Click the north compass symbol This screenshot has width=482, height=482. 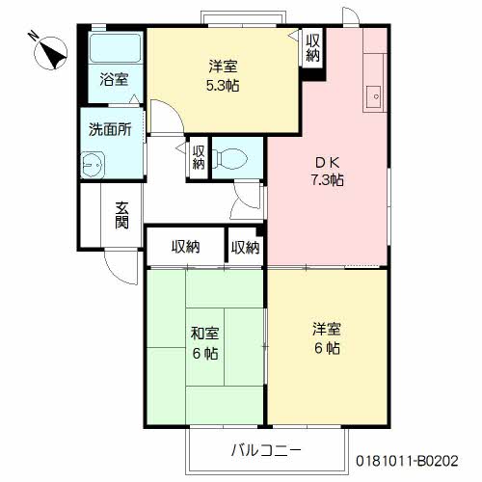(51, 53)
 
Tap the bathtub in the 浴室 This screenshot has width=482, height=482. (116, 47)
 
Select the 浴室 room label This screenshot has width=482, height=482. (114, 79)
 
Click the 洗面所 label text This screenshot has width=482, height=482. (110, 129)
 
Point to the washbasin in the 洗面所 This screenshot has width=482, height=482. (93, 165)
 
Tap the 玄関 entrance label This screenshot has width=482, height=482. (122, 215)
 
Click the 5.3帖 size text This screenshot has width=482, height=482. (223, 86)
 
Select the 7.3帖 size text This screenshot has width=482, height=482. (327, 179)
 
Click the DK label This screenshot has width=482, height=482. (327, 163)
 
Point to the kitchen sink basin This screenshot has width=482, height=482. (375, 96)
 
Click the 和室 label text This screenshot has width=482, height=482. (204, 334)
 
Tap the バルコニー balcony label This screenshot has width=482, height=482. (266, 450)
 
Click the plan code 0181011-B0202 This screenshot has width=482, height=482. (407, 461)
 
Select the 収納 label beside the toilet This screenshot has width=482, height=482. (199, 157)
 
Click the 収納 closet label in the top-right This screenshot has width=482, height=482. (312, 47)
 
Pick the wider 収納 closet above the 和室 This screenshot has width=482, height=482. (186, 247)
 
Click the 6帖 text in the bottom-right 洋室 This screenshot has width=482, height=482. (327, 348)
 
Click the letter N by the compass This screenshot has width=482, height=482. (33, 35)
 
